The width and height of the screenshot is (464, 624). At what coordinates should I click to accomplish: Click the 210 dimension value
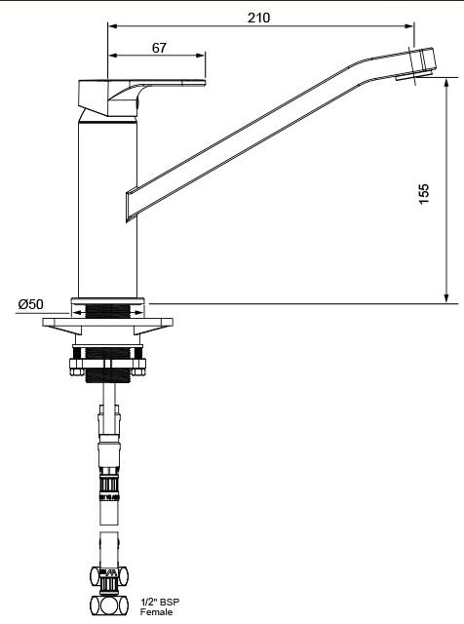point(258,18)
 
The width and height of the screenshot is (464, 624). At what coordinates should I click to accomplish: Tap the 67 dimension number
point(159,48)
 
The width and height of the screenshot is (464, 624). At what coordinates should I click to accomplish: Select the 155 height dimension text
point(424,194)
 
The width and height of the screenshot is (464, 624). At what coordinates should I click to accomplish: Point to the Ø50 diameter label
point(30,304)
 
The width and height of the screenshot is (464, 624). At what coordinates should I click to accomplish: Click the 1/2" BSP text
point(160,603)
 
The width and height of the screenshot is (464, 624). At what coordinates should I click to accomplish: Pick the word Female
point(156,612)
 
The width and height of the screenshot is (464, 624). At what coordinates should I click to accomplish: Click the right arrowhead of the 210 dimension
point(409,26)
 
